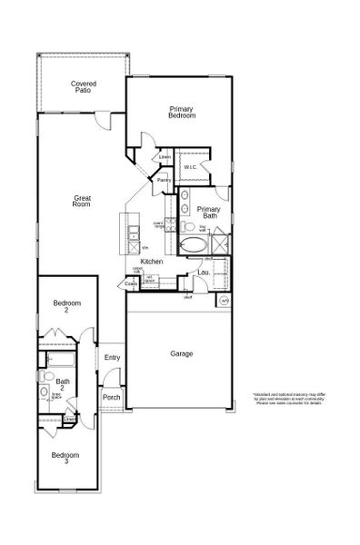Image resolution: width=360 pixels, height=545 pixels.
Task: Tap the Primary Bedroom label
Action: (181, 112)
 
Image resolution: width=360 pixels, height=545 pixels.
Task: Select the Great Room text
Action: (82, 202)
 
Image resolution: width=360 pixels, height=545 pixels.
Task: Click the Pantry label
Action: (164, 180)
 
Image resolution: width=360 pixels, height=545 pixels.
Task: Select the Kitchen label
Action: (151, 262)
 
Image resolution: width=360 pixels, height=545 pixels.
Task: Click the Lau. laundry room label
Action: (204, 272)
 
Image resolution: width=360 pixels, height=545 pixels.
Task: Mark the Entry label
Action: (112, 357)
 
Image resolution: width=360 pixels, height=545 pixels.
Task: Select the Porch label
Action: (112, 397)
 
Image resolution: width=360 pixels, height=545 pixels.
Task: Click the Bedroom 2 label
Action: (66, 306)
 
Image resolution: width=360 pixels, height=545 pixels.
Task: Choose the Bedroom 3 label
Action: (65, 458)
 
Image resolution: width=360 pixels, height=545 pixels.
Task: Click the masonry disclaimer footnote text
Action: (288, 399)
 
